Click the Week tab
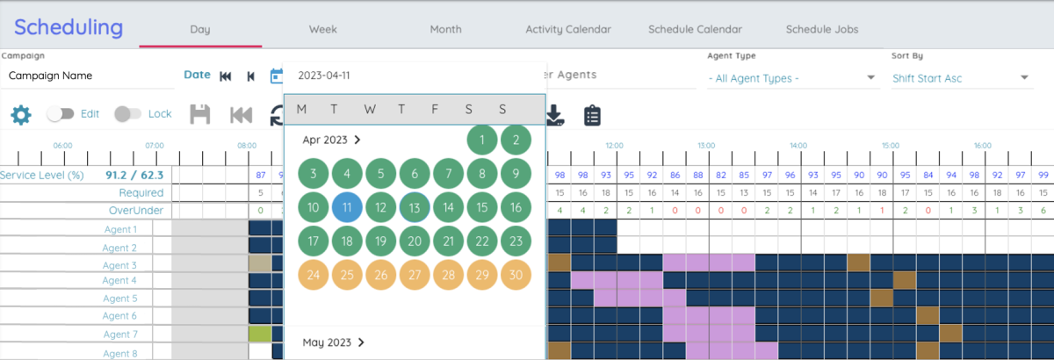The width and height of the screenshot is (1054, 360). click(x=322, y=29)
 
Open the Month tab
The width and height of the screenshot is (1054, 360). click(x=445, y=29)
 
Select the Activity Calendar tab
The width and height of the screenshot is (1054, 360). click(x=568, y=29)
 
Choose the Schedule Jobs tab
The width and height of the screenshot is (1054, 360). click(x=822, y=29)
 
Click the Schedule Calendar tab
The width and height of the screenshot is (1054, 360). click(x=695, y=29)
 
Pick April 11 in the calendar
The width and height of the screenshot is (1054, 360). click(x=347, y=207)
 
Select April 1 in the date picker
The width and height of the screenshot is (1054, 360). click(x=481, y=140)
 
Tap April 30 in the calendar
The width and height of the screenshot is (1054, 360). click(x=516, y=275)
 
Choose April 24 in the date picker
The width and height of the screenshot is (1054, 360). click(x=314, y=275)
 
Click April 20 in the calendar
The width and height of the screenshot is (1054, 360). click(x=415, y=241)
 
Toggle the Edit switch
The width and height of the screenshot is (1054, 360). click(x=59, y=113)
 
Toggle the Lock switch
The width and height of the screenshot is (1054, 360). click(x=127, y=113)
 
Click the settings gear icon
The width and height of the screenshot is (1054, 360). click(x=20, y=114)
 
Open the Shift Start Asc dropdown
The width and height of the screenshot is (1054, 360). click(x=961, y=78)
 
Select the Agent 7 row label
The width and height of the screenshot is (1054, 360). click(x=120, y=335)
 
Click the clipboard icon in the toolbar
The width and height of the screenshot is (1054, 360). click(x=592, y=114)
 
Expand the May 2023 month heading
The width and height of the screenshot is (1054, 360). click(x=334, y=342)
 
